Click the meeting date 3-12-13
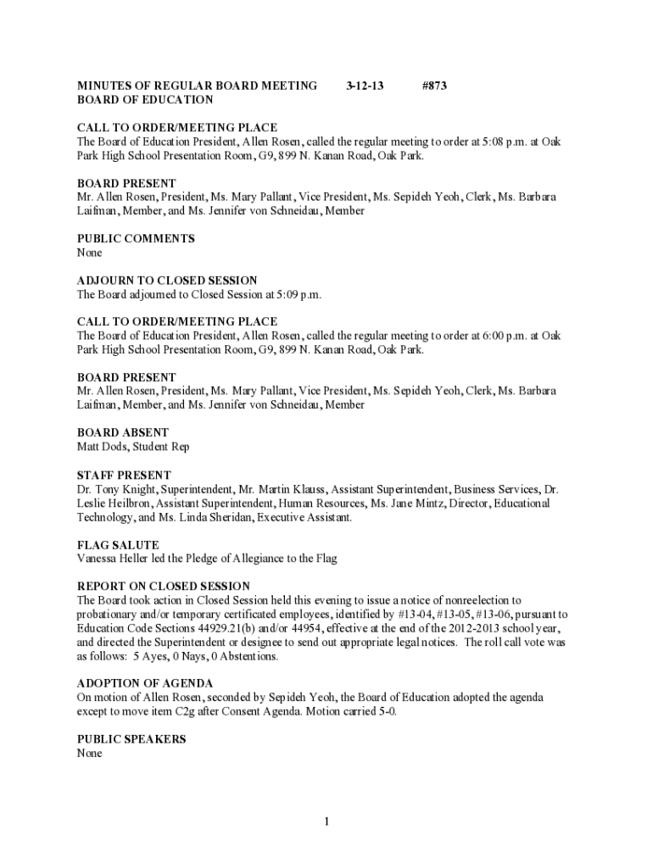(x=366, y=86)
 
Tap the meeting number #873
(x=434, y=86)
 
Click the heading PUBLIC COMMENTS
(x=136, y=239)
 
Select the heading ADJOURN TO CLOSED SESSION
(x=167, y=281)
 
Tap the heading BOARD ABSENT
(x=123, y=432)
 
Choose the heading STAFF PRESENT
(x=124, y=475)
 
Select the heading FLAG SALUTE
(x=118, y=544)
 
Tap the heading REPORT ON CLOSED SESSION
(x=164, y=586)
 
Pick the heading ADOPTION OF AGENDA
(x=145, y=683)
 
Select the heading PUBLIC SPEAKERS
(x=131, y=739)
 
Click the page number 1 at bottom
(x=326, y=821)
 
